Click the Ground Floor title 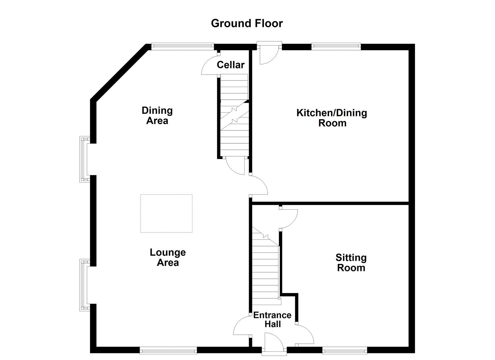[x=247, y=23]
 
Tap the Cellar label [x=230, y=65]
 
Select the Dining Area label [x=157, y=115]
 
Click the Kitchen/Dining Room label [x=332, y=118]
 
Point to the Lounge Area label [x=168, y=257]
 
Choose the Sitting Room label [x=351, y=263]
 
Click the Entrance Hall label [x=272, y=319]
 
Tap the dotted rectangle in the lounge [x=166, y=213]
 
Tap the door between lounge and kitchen [x=259, y=185]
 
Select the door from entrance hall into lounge [x=242, y=326]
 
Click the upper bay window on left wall [x=84, y=159]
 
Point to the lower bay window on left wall [x=84, y=285]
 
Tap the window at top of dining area [x=182, y=46]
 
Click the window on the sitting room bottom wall [x=344, y=350]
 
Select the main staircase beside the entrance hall [x=265, y=270]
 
